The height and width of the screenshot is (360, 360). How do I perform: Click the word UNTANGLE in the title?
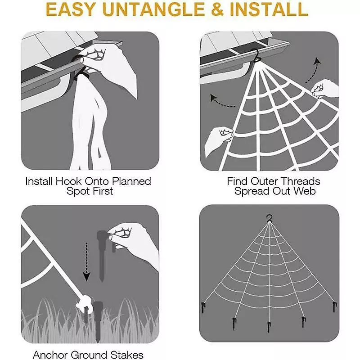tap(153, 9)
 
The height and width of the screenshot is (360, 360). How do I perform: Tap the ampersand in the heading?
tap(217, 9)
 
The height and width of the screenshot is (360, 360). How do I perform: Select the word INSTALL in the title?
tap(269, 9)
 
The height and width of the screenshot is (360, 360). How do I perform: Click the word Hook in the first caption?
tap(69, 181)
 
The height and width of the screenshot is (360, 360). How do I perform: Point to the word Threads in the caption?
tap(300, 181)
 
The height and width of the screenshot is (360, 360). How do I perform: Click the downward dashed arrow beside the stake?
tap(86, 262)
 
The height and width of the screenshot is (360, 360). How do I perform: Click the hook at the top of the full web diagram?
tap(269, 218)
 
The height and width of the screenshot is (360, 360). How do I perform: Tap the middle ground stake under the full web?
tap(269, 327)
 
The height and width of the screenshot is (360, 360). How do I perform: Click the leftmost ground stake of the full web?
tap(203, 307)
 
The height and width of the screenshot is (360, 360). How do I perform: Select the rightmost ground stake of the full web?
tap(335, 307)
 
